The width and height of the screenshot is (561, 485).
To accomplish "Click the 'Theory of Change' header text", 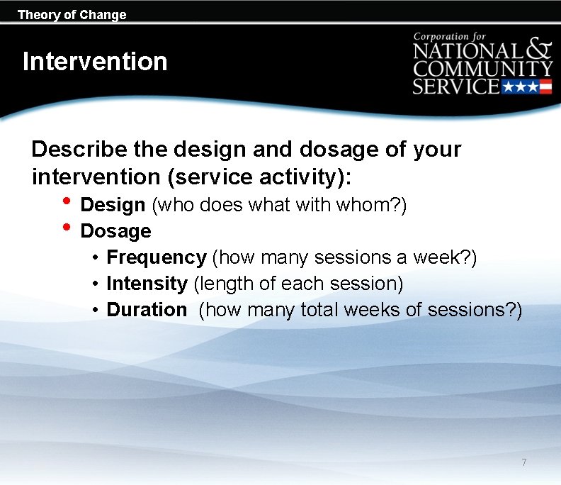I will click(x=72, y=14).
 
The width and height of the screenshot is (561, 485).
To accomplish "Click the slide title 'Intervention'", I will click(x=95, y=62).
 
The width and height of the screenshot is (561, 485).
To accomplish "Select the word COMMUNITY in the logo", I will click(x=483, y=69).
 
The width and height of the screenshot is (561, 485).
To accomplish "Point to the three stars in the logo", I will click(x=519, y=87).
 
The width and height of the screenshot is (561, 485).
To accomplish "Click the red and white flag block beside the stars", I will click(x=545, y=87).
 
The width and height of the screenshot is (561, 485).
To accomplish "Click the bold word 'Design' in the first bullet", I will click(x=113, y=205).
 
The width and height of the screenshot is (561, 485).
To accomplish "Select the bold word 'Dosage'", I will click(x=115, y=231).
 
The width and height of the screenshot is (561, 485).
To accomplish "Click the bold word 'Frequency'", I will click(x=156, y=257).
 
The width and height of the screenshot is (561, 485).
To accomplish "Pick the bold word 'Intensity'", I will click(x=147, y=284).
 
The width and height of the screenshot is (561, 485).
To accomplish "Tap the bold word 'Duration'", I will click(x=147, y=310).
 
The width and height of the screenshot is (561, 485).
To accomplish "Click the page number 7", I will click(x=523, y=462).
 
